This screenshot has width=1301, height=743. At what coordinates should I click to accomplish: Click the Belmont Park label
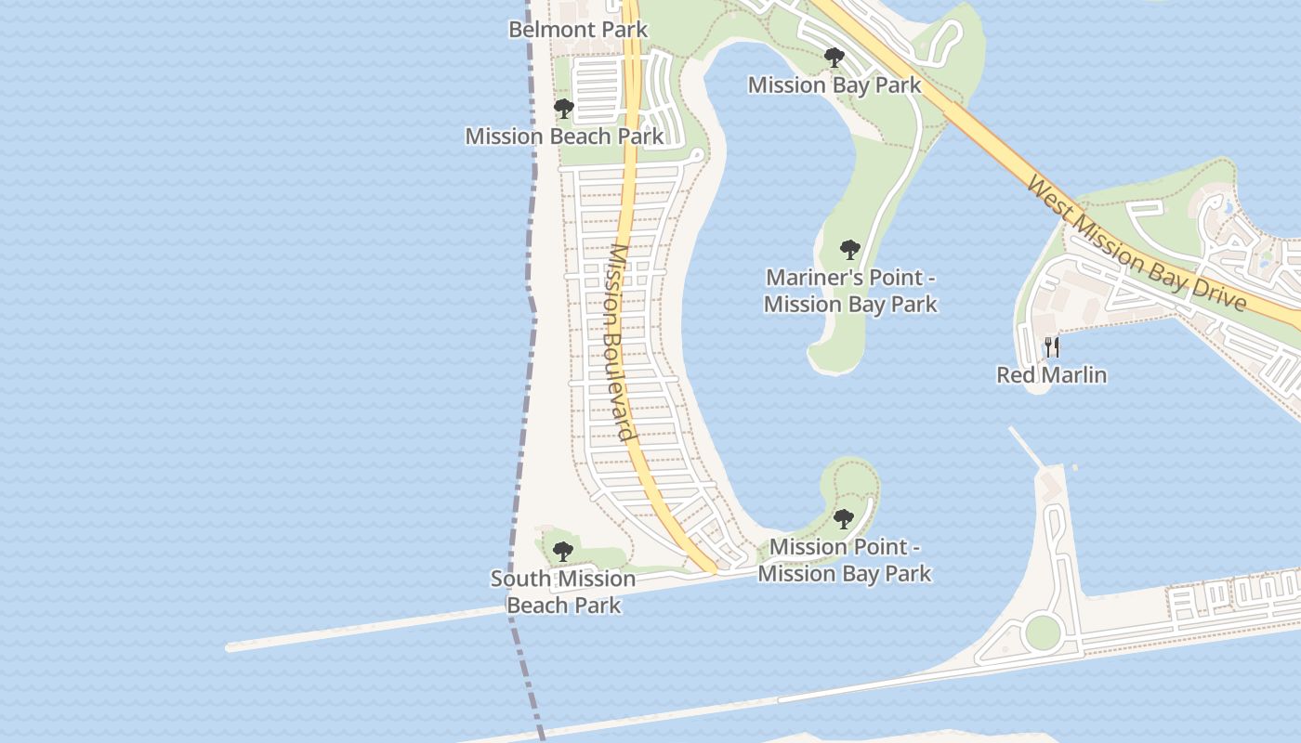click(x=578, y=29)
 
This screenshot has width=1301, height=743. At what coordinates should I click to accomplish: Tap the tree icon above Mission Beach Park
click(x=563, y=110)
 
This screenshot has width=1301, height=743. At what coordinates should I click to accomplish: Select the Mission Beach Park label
click(x=564, y=137)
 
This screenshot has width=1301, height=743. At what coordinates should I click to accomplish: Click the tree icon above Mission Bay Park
click(x=834, y=58)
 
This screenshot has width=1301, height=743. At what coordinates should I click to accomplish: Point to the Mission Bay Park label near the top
click(x=834, y=85)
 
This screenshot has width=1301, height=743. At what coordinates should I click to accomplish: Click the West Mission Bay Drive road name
click(x=1136, y=245)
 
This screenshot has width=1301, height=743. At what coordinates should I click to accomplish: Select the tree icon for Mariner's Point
click(x=849, y=250)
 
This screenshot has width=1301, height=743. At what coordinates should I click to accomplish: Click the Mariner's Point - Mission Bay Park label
click(x=850, y=291)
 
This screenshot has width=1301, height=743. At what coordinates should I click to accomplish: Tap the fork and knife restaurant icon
click(x=1052, y=347)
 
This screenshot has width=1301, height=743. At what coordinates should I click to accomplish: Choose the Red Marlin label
click(x=1052, y=375)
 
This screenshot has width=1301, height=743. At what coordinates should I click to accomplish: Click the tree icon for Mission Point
click(x=843, y=519)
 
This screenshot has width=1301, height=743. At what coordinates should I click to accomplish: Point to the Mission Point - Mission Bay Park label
click(x=844, y=560)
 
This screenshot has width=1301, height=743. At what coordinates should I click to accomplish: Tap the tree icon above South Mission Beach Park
click(x=562, y=552)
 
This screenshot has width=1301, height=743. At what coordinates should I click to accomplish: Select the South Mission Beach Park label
click(x=563, y=592)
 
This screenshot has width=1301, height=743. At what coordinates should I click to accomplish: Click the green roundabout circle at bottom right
click(x=1043, y=632)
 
